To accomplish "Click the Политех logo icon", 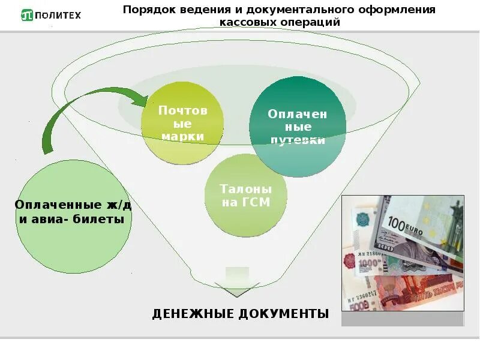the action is coord(27,14).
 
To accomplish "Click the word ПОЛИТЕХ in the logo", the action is coord(61,15).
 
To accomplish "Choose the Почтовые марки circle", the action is coord(182,122).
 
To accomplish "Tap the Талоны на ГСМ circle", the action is coord(246,195).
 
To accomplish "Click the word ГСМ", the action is coord(256,202).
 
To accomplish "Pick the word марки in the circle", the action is coord(183,136).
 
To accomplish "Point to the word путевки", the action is coord(298,140).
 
